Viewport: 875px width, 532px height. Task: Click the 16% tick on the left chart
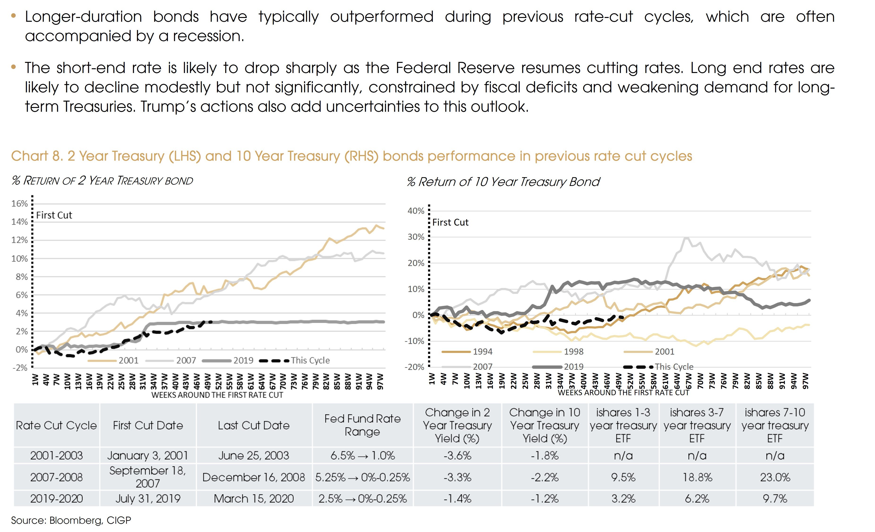point(20,204)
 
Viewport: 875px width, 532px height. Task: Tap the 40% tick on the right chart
point(416,211)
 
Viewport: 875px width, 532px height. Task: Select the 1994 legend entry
point(482,352)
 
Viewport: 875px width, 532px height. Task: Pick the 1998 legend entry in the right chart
point(573,352)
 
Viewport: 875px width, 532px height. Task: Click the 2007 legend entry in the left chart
point(186,360)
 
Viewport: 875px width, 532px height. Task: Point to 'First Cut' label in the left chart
point(54,215)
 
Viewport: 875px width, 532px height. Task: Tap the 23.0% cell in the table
point(775,477)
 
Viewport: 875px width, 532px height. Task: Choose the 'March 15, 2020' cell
point(254,499)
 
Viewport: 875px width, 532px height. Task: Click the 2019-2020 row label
point(56,499)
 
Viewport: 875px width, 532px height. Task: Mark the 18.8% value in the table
point(697,477)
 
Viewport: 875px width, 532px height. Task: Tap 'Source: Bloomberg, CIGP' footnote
point(71,520)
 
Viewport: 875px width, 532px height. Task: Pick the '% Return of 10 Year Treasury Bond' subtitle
point(503,182)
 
